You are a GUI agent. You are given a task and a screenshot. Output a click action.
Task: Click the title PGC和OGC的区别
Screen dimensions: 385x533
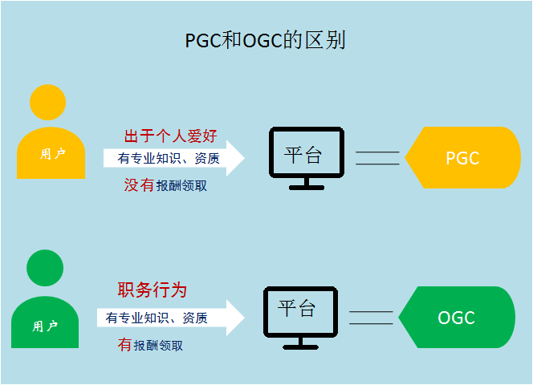[265, 40]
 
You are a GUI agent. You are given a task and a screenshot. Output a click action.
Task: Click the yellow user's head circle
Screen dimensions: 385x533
[48, 103]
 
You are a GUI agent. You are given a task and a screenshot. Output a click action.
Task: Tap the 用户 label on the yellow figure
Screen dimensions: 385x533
[52, 154]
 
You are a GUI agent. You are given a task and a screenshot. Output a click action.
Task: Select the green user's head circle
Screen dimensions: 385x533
[45, 266]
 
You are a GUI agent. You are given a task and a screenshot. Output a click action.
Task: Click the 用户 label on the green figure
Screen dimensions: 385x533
[45, 326]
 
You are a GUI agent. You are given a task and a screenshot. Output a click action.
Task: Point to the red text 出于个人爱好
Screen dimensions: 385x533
[170, 136]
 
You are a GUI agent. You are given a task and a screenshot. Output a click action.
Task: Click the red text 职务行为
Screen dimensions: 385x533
[153, 290]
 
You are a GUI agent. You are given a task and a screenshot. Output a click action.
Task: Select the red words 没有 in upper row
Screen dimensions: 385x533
[138, 186]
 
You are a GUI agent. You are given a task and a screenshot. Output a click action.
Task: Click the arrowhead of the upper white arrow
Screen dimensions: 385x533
[235, 158]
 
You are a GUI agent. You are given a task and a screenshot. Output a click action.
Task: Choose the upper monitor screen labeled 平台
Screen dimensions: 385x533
[303, 156]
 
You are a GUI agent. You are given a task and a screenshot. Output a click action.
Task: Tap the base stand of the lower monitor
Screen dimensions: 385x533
[301, 345]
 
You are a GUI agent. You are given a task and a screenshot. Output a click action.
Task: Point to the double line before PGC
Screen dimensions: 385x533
[377, 158]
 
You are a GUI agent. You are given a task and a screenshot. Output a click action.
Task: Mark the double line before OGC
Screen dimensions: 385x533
[372, 317]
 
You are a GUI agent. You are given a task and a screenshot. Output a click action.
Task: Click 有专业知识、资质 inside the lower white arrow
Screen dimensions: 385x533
[157, 318]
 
